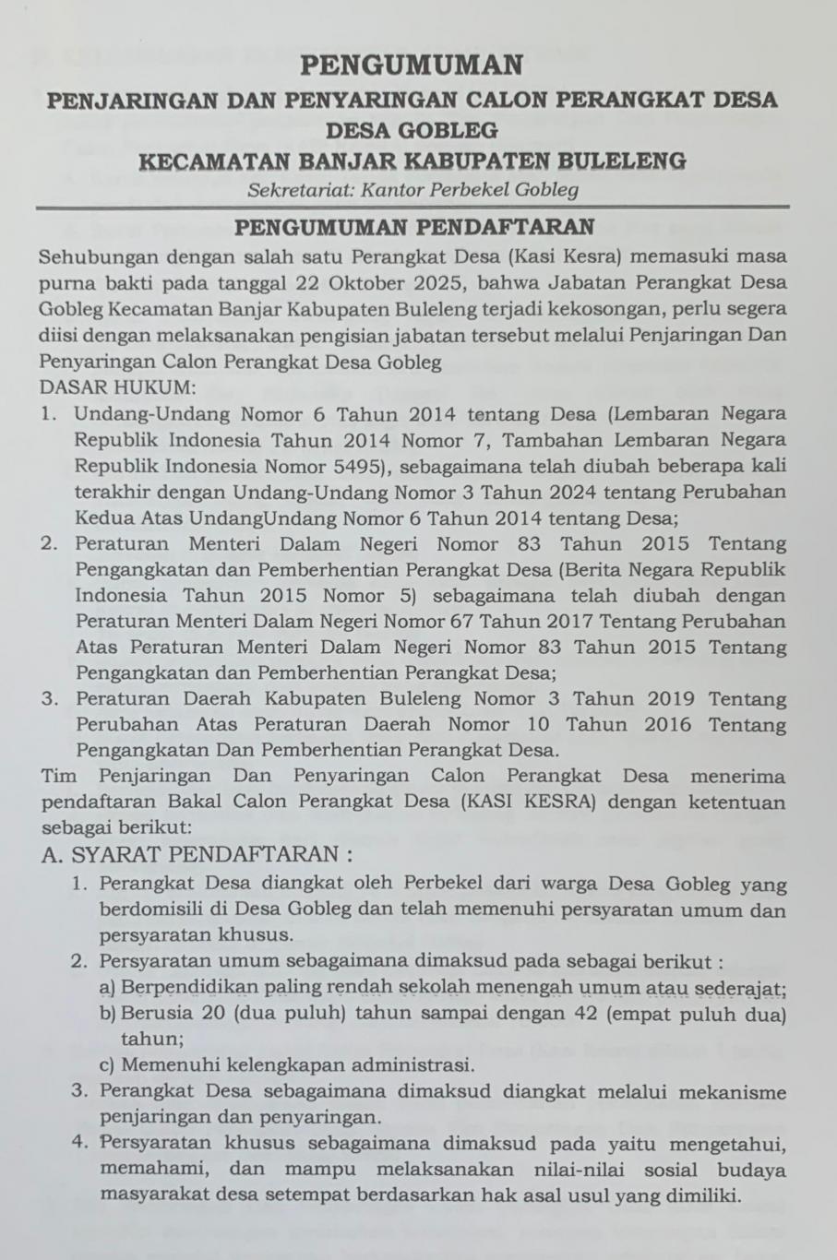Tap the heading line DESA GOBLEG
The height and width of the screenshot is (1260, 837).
click(x=412, y=130)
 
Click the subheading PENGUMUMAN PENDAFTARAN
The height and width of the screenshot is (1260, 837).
click(x=413, y=227)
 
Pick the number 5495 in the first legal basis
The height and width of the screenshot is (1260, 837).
click(x=353, y=465)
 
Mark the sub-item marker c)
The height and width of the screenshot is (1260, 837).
click(x=106, y=1065)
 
